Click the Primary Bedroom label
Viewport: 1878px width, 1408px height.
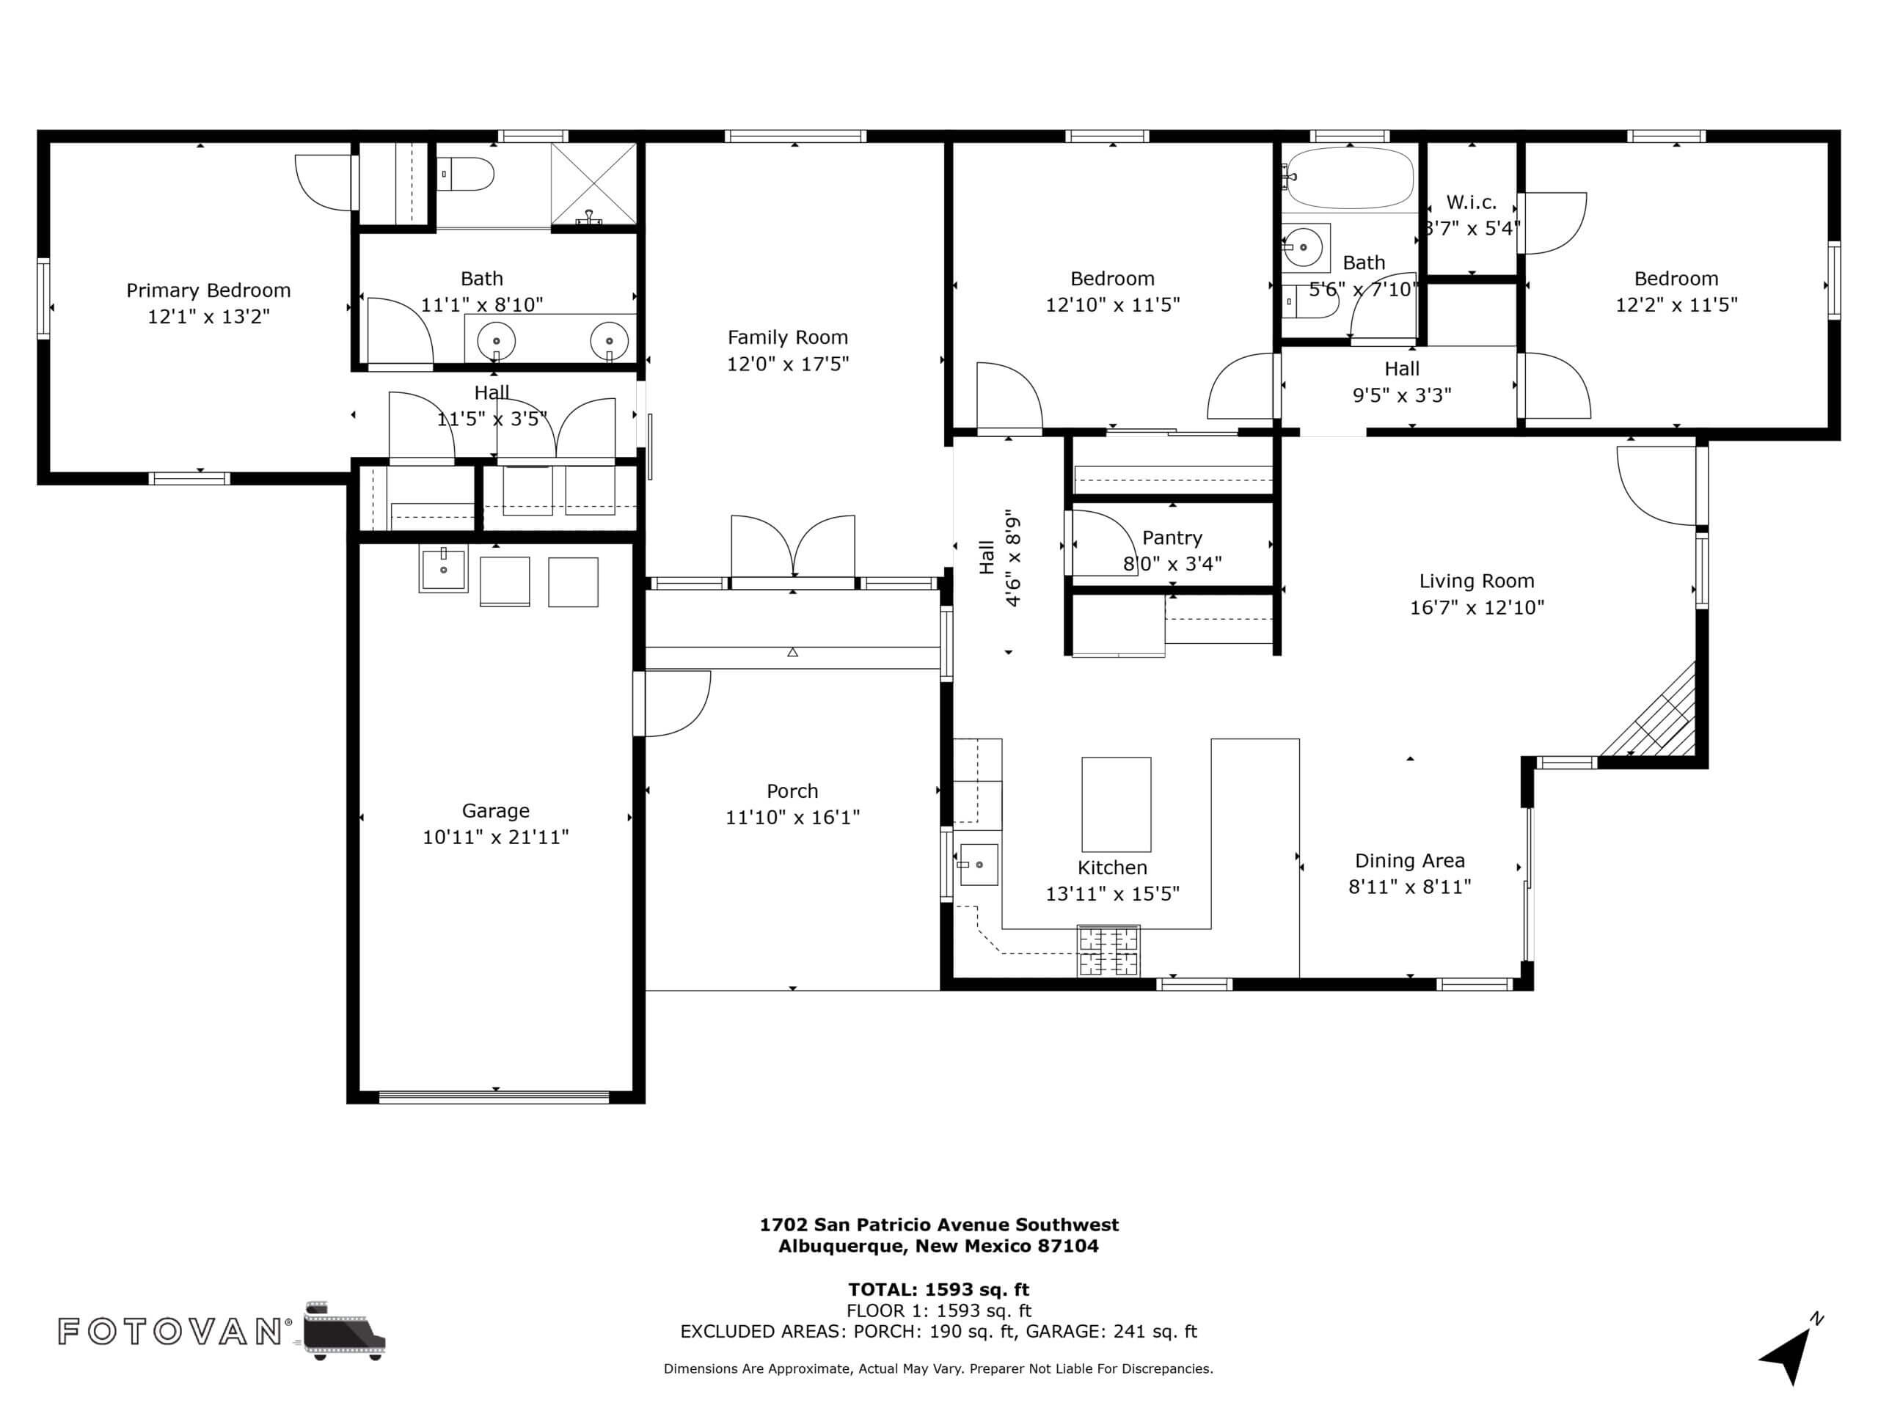(208, 291)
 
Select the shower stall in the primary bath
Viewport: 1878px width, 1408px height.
(593, 184)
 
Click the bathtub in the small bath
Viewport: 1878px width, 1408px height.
(1348, 178)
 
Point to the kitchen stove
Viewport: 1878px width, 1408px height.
(1108, 950)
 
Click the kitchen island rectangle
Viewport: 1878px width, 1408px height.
(1116, 804)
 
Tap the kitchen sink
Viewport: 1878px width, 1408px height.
(978, 865)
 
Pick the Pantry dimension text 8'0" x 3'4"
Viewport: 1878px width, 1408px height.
(1172, 563)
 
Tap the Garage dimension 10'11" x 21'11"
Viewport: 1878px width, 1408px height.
(496, 837)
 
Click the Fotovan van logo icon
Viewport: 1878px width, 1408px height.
(344, 1330)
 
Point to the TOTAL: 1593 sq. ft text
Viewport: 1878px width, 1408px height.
(938, 1290)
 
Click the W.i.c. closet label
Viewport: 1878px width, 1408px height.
(1472, 203)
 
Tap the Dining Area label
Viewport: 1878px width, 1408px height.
(1409, 861)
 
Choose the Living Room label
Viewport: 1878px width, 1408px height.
(1477, 582)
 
